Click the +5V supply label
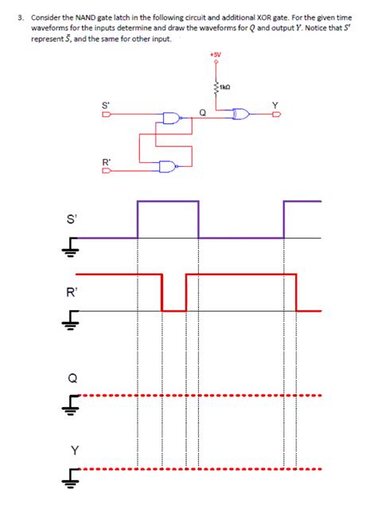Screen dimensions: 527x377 pos(216,55)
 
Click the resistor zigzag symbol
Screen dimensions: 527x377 pos(216,85)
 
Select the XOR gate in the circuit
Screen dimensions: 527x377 pos(240,115)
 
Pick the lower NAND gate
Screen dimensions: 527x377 pos(169,166)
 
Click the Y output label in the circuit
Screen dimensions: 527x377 pos(276,105)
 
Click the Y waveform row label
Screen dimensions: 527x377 pos(74,451)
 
